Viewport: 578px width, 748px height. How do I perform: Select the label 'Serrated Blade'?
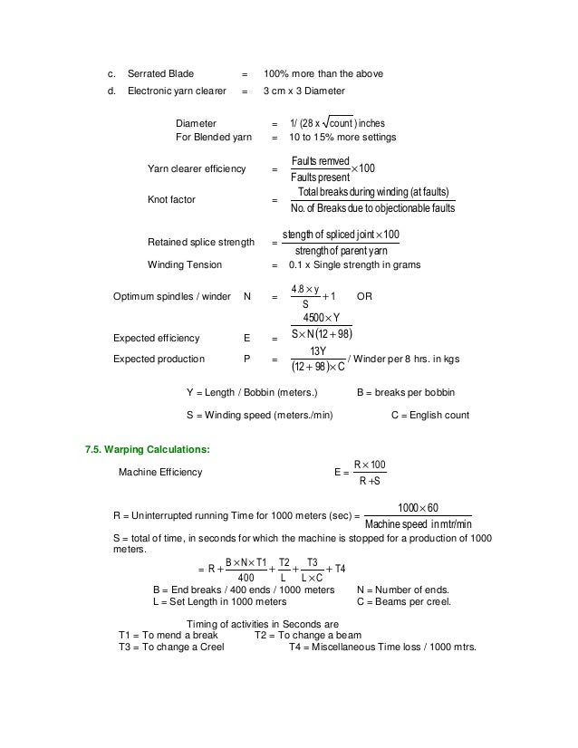162,73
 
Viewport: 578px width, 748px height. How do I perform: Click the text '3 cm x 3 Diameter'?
303,91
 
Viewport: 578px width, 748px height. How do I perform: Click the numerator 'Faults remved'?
323,160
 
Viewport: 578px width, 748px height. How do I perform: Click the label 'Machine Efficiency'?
160,472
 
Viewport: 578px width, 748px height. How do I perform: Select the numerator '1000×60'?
419,507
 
